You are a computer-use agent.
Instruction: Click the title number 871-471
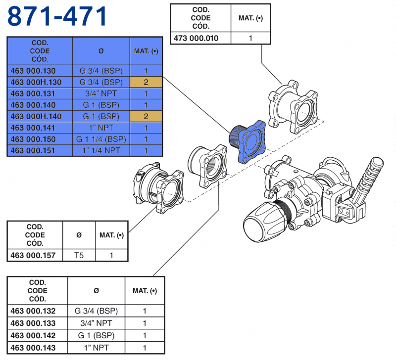[x=57, y=17]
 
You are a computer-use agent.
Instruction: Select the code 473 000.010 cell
[x=196, y=38]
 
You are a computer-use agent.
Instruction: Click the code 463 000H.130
[x=40, y=82]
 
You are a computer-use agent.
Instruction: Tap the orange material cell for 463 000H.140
[x=146, y=116]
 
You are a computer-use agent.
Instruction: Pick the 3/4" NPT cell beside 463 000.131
[x=101, y=93]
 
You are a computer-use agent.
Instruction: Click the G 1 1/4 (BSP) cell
[x=101, y=139]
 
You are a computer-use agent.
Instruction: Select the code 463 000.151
[x=40, y=150]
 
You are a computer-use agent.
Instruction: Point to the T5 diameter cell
[x=79, y=255]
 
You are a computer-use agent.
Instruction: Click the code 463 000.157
[x=36, y=255]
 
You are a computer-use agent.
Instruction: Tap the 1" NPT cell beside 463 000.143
[x=96, y=348]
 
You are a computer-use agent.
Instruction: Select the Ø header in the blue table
[x=101, y=51]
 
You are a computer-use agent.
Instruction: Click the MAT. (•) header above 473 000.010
[x=250, y=18]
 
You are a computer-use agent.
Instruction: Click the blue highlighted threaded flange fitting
[x=247, y=141]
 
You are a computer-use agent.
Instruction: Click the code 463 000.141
[x=40, y=128]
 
